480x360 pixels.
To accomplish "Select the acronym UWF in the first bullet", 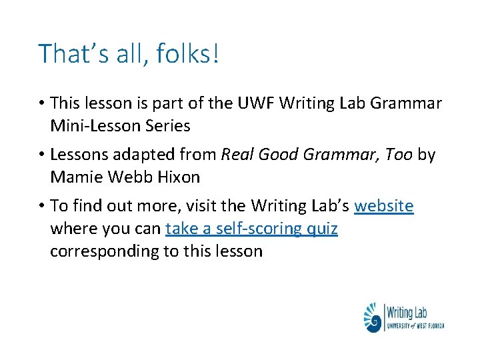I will tap(254, 104).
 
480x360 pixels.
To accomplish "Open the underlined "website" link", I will tap(383, 207).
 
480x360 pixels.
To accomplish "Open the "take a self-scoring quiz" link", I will tap(251, 229).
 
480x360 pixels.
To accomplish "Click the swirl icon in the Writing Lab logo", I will tap(373, 318).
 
